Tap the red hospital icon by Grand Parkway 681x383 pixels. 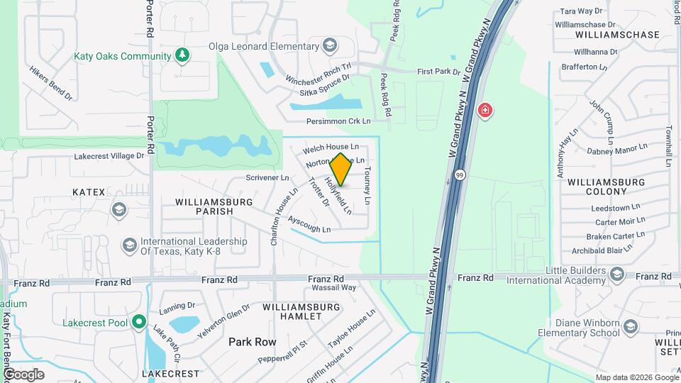485,111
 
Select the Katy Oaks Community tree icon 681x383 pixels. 182,55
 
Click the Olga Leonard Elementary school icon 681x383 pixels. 329,47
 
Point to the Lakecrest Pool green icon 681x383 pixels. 139,323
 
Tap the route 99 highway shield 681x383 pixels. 460,174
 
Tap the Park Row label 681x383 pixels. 252,342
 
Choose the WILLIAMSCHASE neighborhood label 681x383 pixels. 618,34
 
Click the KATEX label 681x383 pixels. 89,192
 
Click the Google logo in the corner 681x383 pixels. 23,374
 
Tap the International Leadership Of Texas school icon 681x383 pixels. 129,246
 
